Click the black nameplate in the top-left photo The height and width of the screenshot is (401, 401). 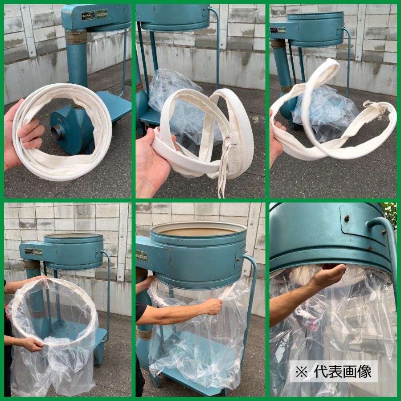[x=88, y=16]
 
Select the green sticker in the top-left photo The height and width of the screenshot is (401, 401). [x=102, y=14]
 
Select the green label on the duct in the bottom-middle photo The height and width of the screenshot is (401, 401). [x=141, y=256]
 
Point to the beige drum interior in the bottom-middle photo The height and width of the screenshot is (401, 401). [x=198, y=232]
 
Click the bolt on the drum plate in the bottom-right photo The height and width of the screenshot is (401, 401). [x=348, y=219]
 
